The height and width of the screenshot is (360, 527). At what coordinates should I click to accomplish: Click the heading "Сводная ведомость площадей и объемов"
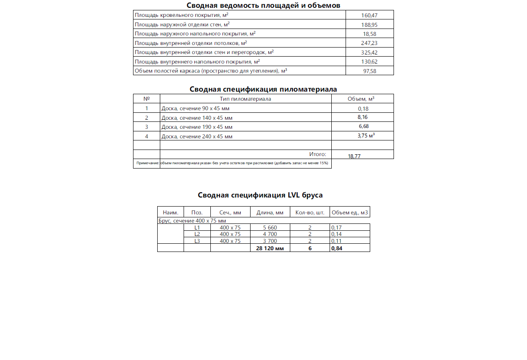263,5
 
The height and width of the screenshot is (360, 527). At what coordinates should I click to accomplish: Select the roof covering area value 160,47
369,15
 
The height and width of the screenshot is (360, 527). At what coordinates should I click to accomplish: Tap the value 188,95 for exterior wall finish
369,25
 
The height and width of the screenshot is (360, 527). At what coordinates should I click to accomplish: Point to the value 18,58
369,34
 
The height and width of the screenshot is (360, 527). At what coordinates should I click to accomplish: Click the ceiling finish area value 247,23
369,43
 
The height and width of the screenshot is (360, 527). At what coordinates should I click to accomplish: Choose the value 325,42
369,52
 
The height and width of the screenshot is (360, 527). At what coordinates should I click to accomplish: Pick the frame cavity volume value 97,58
369,71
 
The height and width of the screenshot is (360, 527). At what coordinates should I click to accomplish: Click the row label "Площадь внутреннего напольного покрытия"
197,62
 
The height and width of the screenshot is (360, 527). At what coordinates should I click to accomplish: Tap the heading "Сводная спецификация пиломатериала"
263,89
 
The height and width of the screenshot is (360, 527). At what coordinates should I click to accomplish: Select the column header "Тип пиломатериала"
245,99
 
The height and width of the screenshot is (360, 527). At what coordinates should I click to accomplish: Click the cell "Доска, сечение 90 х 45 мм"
195,108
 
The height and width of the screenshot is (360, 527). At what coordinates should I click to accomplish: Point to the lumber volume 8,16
362,117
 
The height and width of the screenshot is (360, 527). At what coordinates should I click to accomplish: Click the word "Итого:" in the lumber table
317,154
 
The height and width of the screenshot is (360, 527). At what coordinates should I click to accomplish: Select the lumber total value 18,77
354,156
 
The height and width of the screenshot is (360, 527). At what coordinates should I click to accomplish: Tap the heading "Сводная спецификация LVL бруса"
260,195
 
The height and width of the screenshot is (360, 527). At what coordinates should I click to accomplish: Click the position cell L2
197,234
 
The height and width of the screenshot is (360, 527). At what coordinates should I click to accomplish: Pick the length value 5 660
270,227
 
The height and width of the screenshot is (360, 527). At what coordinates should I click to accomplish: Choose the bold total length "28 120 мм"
270,248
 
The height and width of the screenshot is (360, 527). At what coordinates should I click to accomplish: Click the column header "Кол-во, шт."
310,212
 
